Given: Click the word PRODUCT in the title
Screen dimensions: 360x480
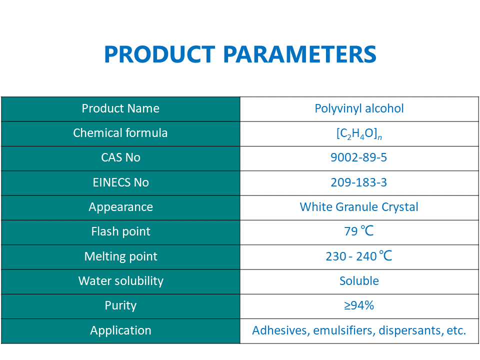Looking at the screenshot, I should (159, 54).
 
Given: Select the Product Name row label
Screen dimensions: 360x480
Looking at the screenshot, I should (120, 108).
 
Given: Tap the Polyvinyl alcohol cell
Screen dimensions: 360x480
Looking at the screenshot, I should (359, 108).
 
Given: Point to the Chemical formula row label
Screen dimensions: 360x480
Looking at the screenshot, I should (120, 133).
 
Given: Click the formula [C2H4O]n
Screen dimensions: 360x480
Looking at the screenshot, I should (359, 133).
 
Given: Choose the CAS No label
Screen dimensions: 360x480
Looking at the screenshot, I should (120, 157).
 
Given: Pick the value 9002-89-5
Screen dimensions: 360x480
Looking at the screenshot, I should (359, 157).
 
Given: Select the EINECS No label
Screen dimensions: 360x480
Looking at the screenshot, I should (120, 182).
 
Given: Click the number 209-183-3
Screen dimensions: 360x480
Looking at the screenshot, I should (359, 182).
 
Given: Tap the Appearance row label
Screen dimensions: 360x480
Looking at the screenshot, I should (120, 207).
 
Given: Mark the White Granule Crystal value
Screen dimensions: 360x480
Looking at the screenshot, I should (359, 207).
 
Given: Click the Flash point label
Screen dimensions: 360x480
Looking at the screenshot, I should (120, 231).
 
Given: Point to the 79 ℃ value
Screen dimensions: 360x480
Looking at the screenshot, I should (359, 231).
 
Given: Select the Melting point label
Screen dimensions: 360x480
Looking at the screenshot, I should (120, 256).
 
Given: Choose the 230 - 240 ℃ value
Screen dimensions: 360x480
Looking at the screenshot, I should (359, 256).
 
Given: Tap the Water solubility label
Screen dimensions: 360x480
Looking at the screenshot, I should (120, 281).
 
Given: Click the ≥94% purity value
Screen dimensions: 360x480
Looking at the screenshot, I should (359, 305).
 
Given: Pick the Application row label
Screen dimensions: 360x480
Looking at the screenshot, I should (120, 330).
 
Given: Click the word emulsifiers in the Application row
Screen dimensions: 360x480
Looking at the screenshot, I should (343, 330).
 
